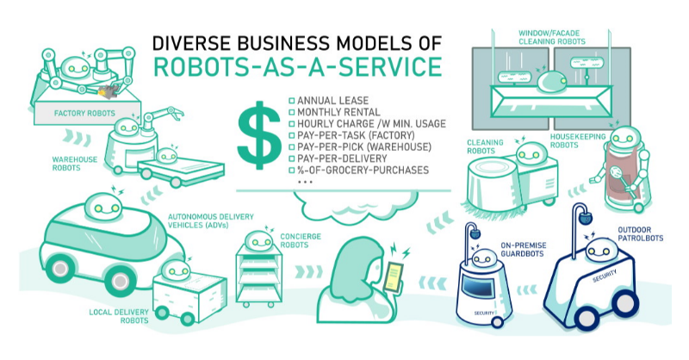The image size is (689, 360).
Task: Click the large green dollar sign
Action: click(259, 135)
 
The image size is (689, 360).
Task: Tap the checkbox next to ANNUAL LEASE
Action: click(292, 101)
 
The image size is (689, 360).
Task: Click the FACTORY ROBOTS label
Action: click(84, 113)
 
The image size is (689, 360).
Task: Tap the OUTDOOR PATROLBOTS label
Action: click(640, 234)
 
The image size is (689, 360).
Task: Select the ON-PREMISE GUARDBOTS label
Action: click(524, 249)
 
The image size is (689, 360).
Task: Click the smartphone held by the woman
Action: click(394, 277)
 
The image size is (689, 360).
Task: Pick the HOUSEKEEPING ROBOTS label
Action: click(578, 140)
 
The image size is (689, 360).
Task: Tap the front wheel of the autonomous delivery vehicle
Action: click(119, 281)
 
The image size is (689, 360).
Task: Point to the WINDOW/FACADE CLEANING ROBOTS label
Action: click(552, 37)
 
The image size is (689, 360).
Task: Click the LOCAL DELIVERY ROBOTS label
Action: click(119, 316)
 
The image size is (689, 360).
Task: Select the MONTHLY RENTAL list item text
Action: click(338, 112)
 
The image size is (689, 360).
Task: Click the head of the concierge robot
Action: click(259, 241)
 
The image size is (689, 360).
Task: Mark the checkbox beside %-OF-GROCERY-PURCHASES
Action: click(292, 171)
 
